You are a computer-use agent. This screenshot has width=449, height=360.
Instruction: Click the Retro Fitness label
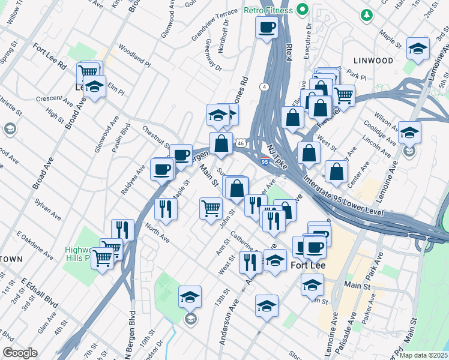(269, 10)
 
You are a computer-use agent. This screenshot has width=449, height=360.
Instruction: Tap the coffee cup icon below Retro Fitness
(267, 27)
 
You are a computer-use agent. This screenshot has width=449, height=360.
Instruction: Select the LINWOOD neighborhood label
(373, 61)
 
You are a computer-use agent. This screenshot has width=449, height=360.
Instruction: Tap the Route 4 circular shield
(265, 86)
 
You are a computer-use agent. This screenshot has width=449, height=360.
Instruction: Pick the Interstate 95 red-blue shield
(265, 161)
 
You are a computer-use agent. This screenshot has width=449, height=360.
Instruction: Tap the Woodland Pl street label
(134, 55)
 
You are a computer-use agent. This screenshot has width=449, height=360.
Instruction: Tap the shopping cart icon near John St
(211, 209)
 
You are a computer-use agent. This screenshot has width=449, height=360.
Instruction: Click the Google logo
(20, 353)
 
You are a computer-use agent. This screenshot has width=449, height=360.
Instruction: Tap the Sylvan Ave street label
(47, 208)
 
